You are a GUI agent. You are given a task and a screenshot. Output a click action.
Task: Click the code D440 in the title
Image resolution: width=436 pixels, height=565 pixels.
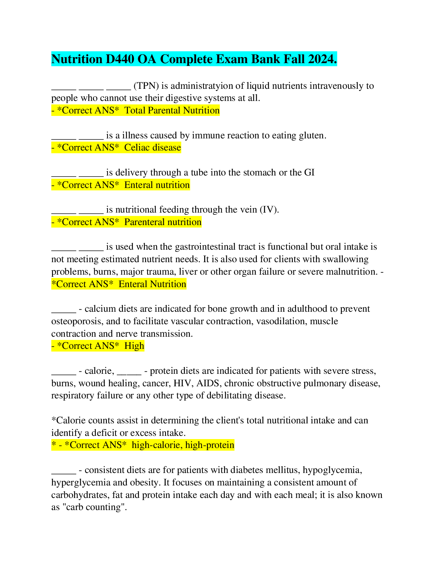pyautogui.click(x=120, y=59)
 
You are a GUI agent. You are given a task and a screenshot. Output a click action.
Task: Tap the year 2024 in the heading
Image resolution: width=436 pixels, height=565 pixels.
pyautogui.click(x=322, y=59)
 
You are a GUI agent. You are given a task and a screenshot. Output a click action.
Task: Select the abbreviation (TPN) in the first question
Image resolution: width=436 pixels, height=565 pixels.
pyautogui.click(x=146, y=86)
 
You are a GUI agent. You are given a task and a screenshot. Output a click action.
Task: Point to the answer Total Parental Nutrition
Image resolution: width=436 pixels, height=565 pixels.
pyautogui.click(x=172, y=110)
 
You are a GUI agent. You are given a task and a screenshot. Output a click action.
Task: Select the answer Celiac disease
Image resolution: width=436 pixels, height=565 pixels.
pyautogui.click(x=153, y=147)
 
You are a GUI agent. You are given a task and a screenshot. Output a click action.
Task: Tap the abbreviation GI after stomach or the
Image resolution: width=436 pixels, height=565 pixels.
pyautogui.click(x=309, y=172)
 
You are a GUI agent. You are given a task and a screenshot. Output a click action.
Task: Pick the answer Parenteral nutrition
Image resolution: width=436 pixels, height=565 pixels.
pyautogui.click(x=163, y=222)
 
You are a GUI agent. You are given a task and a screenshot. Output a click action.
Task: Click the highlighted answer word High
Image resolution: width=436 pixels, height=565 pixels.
pyautogui.click(x=134, y=346)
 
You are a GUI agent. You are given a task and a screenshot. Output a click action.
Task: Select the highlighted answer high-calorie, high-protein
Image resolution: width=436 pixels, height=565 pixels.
pyautogui.click(x=183, y=445)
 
